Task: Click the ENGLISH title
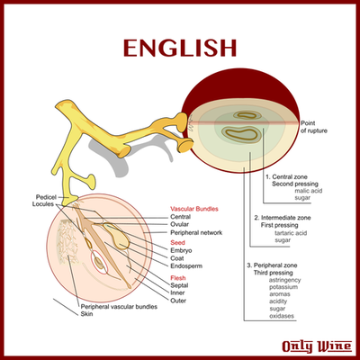[x=180, y=48]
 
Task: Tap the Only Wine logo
[x=317, y=346]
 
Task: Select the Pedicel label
[x=46, y=197]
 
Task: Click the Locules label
[x=43, y=204]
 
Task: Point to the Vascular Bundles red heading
[x=194, y=209]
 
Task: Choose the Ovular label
[x=179, y=224]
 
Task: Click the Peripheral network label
[x=196, y=232]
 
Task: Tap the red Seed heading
[x=177, y=242]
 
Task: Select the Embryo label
[x=181, y=250]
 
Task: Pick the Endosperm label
[x=186, y=266]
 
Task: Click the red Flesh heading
[x=178, y=278]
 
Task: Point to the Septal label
[x=179, y=285]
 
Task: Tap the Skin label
[x=86, y=314]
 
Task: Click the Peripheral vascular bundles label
[x=119, y=307]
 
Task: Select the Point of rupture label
[x=314, y=127]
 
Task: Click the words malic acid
[x=308, y=191]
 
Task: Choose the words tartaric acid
[x=291, y=233]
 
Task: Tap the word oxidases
[x=282, y=316]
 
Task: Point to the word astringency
[x=284, y=280]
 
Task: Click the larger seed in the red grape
[x=241, y=134]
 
